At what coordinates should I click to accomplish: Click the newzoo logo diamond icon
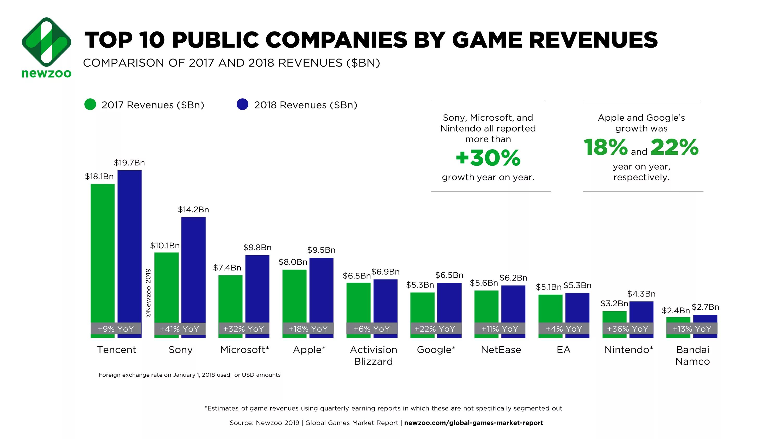pyautogui.click(x=47, y=42)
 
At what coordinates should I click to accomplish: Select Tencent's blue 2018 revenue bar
pyautogui.click(x=129, y=246)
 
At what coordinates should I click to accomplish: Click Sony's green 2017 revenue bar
pyautogui.click(x=166, y=286)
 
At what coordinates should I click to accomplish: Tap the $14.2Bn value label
pyautogui.click(x=193, y=210)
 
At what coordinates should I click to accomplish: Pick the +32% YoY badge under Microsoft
pyautogui.click(x=244, y=329)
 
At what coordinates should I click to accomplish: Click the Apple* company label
pyautogui.click(x=309, y=350)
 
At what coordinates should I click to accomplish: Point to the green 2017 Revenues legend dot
pyautogui.click(x=90, y=105)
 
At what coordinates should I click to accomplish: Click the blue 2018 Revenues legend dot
pyautogui.click(x=242, y=105)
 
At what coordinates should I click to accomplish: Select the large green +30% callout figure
pyautogui.click(x=488, y=158)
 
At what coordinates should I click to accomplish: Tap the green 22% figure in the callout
pyautogui.click(x=674, y=147)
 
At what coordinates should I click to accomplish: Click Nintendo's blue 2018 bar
pyautogui.click(x=641, y=312)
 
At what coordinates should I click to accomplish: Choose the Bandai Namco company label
pyautogui.click(x=692, y=355)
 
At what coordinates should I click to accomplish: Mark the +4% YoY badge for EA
pyautogui.click(x=564, y=329)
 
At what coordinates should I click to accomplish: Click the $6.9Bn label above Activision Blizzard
pyautogui.click(x=385, y=272)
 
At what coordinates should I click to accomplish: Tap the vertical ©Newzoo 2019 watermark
pyautogui.click(x=148, y=293)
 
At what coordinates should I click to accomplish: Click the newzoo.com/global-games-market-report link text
pyautogui.click(x=474, y=423)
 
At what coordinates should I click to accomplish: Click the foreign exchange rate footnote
pyautogui.click(x=190, y=375)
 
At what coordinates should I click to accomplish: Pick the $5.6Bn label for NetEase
pyautogui.click(x=484, y=283)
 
